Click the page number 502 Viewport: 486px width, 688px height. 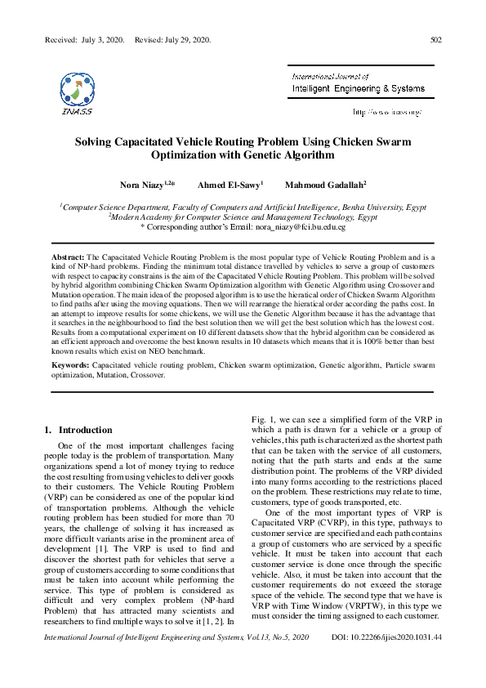435,39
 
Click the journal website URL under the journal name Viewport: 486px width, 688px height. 387,111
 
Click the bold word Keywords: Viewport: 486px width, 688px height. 71,366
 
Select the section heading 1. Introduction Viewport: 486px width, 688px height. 78,430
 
